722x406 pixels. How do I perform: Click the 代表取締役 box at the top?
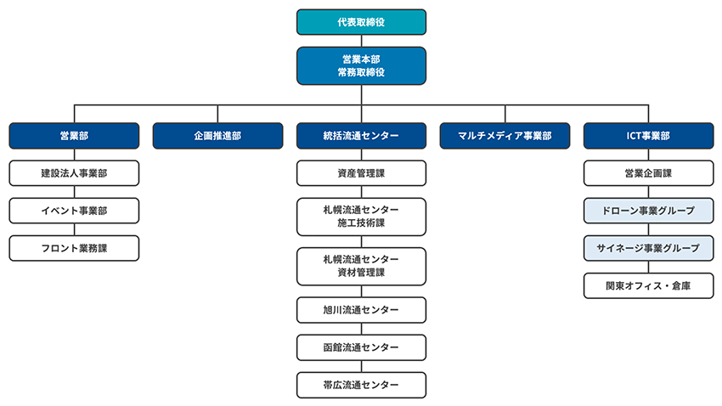coord(361,22)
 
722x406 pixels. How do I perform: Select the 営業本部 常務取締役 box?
coord(361,66)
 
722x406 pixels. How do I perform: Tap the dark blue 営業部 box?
coord(74,136)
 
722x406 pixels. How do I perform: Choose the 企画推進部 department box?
coord(217,136)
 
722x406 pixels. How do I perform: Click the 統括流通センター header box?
coord(361,136)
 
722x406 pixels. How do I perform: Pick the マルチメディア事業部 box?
coord(505,136)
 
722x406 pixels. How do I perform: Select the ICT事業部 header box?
coord(648,136)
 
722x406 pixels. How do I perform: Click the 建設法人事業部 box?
coord(74,173)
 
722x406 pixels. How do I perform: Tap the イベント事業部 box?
coord(74,211)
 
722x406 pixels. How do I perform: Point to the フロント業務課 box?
coord(74,248)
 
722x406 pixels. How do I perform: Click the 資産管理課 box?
coord(361,173)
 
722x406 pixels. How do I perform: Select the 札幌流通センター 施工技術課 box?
coord(361,217)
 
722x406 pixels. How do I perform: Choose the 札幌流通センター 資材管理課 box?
coord(361,266)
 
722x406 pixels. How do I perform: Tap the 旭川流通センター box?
coord(361,310)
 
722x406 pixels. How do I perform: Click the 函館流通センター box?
coord(361,347)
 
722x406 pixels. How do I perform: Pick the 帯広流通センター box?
coord(361,385)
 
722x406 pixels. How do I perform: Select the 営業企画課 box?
coord(648,173)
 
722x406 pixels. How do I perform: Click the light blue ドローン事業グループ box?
coord(648,211)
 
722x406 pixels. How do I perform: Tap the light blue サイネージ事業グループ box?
coord(648,248)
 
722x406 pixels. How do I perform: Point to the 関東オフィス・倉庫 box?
coord(648,285)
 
